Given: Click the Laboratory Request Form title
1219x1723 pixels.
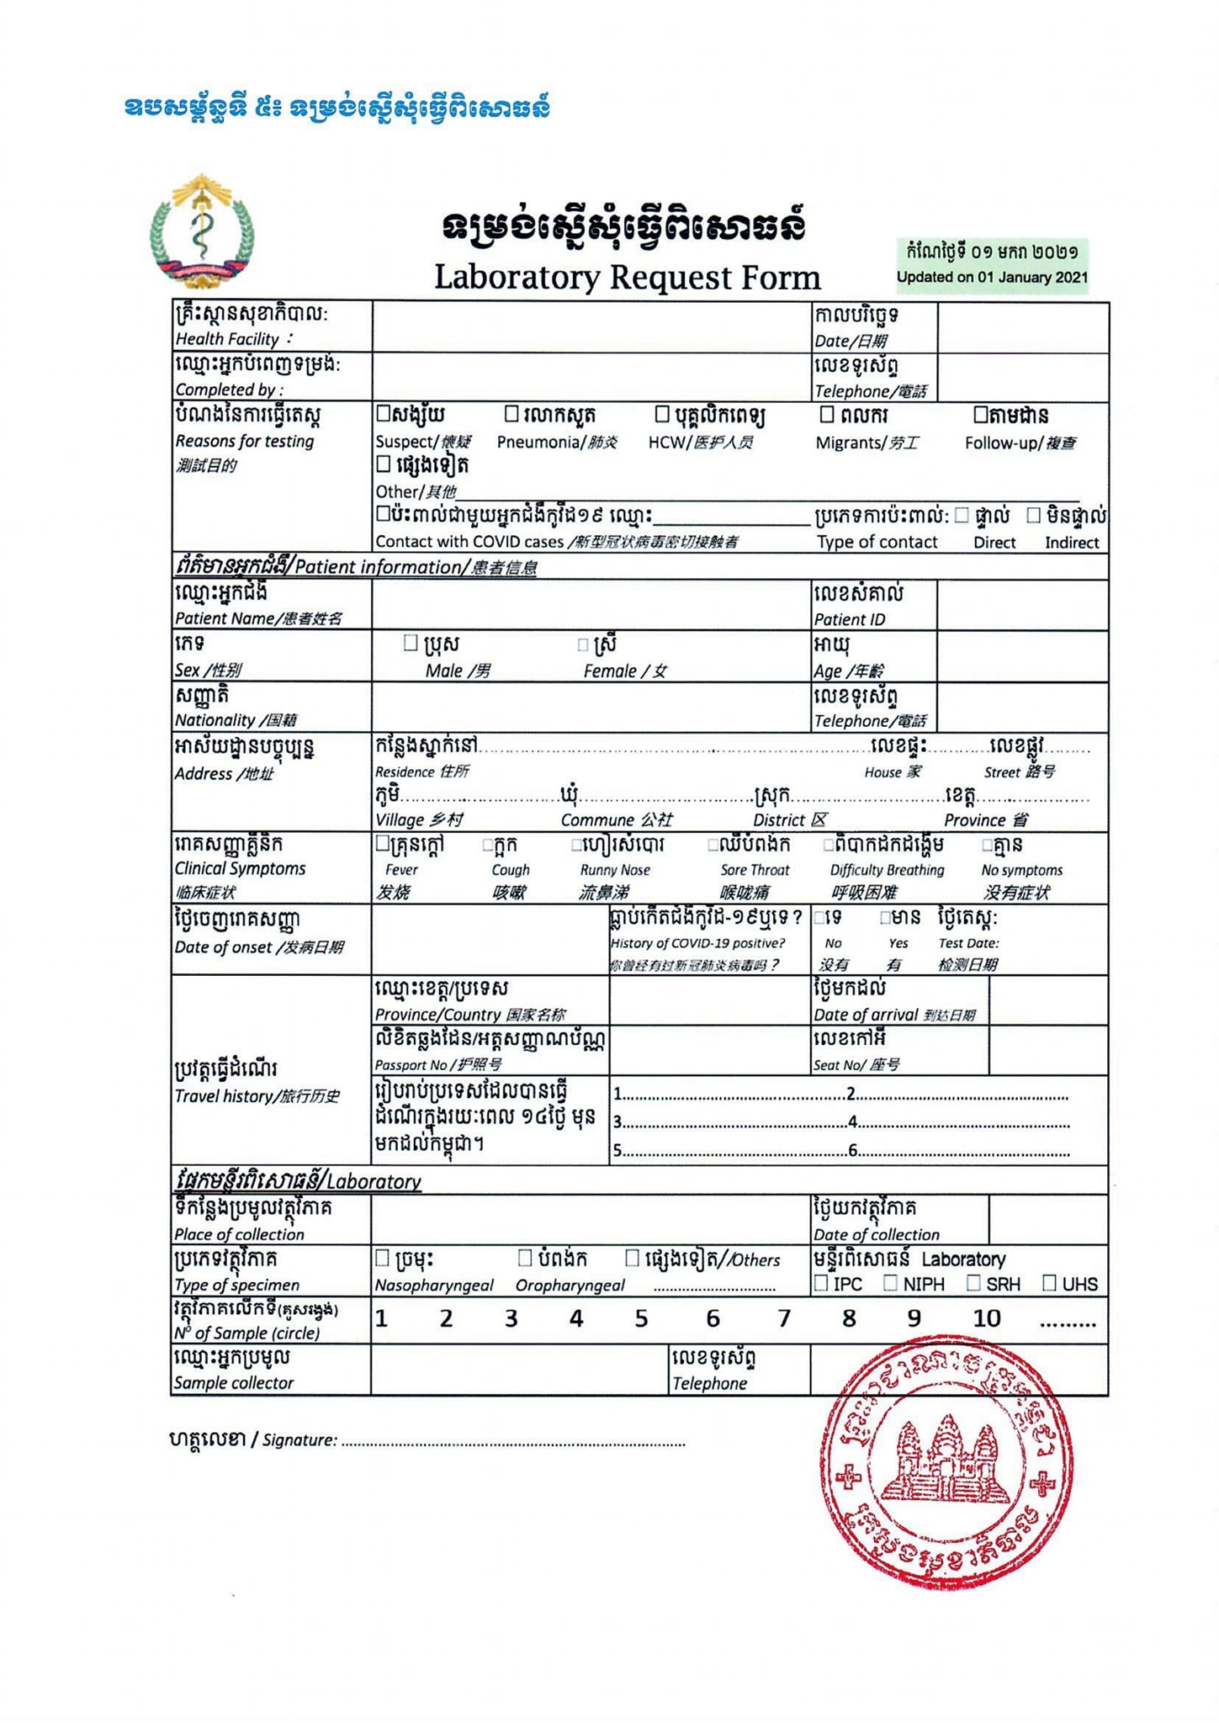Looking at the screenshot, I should [627, 278].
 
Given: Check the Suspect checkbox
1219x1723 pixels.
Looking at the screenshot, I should [383, 414].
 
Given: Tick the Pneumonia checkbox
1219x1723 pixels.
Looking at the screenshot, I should [511, 414].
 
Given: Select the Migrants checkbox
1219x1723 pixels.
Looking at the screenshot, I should [827, 414].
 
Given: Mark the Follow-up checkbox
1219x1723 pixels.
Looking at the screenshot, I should [980, 414].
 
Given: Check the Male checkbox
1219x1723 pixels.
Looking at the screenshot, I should [411, 644].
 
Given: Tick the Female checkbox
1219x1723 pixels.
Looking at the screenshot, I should [582, 645].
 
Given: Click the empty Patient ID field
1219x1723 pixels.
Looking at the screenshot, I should [1022, 605].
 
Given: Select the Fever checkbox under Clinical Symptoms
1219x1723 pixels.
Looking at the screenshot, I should [382, 843].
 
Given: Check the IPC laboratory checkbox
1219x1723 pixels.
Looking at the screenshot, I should [822, 1283].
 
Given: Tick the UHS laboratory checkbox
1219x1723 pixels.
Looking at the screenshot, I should [1049, 1283].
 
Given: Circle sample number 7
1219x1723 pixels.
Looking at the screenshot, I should [784, 1318].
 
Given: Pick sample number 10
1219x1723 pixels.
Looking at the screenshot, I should [987, 1318].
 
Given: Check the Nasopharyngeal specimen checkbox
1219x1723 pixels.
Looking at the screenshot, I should [382, 1258].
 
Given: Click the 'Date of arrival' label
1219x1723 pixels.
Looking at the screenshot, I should [893, 1015].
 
